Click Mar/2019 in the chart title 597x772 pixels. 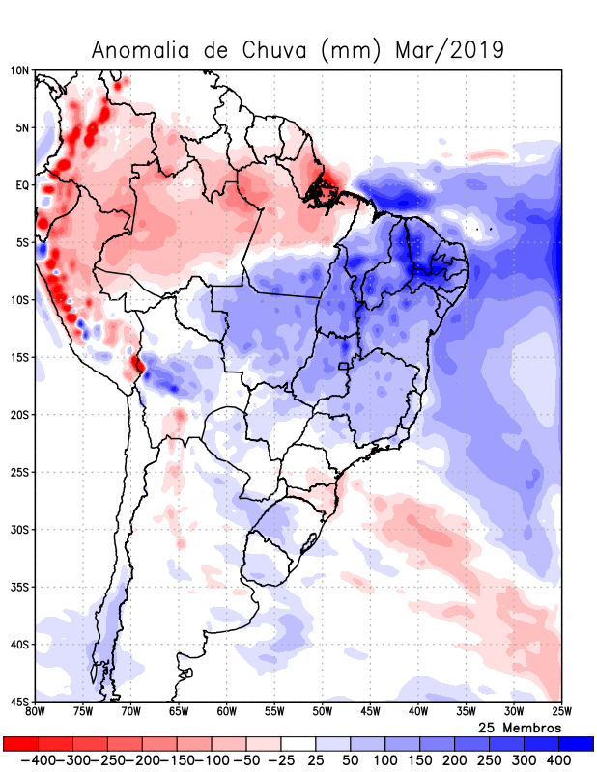pos(450,50)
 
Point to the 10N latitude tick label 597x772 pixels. pos(19,70)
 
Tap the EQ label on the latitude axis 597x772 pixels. pos(21,185)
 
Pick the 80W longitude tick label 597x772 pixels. pos(36,711)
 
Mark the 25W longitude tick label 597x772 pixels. pos(560,711)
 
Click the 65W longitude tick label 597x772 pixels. pos(179,711)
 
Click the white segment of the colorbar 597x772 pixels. pos(298,744)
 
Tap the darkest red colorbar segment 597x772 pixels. pos(20,744)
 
